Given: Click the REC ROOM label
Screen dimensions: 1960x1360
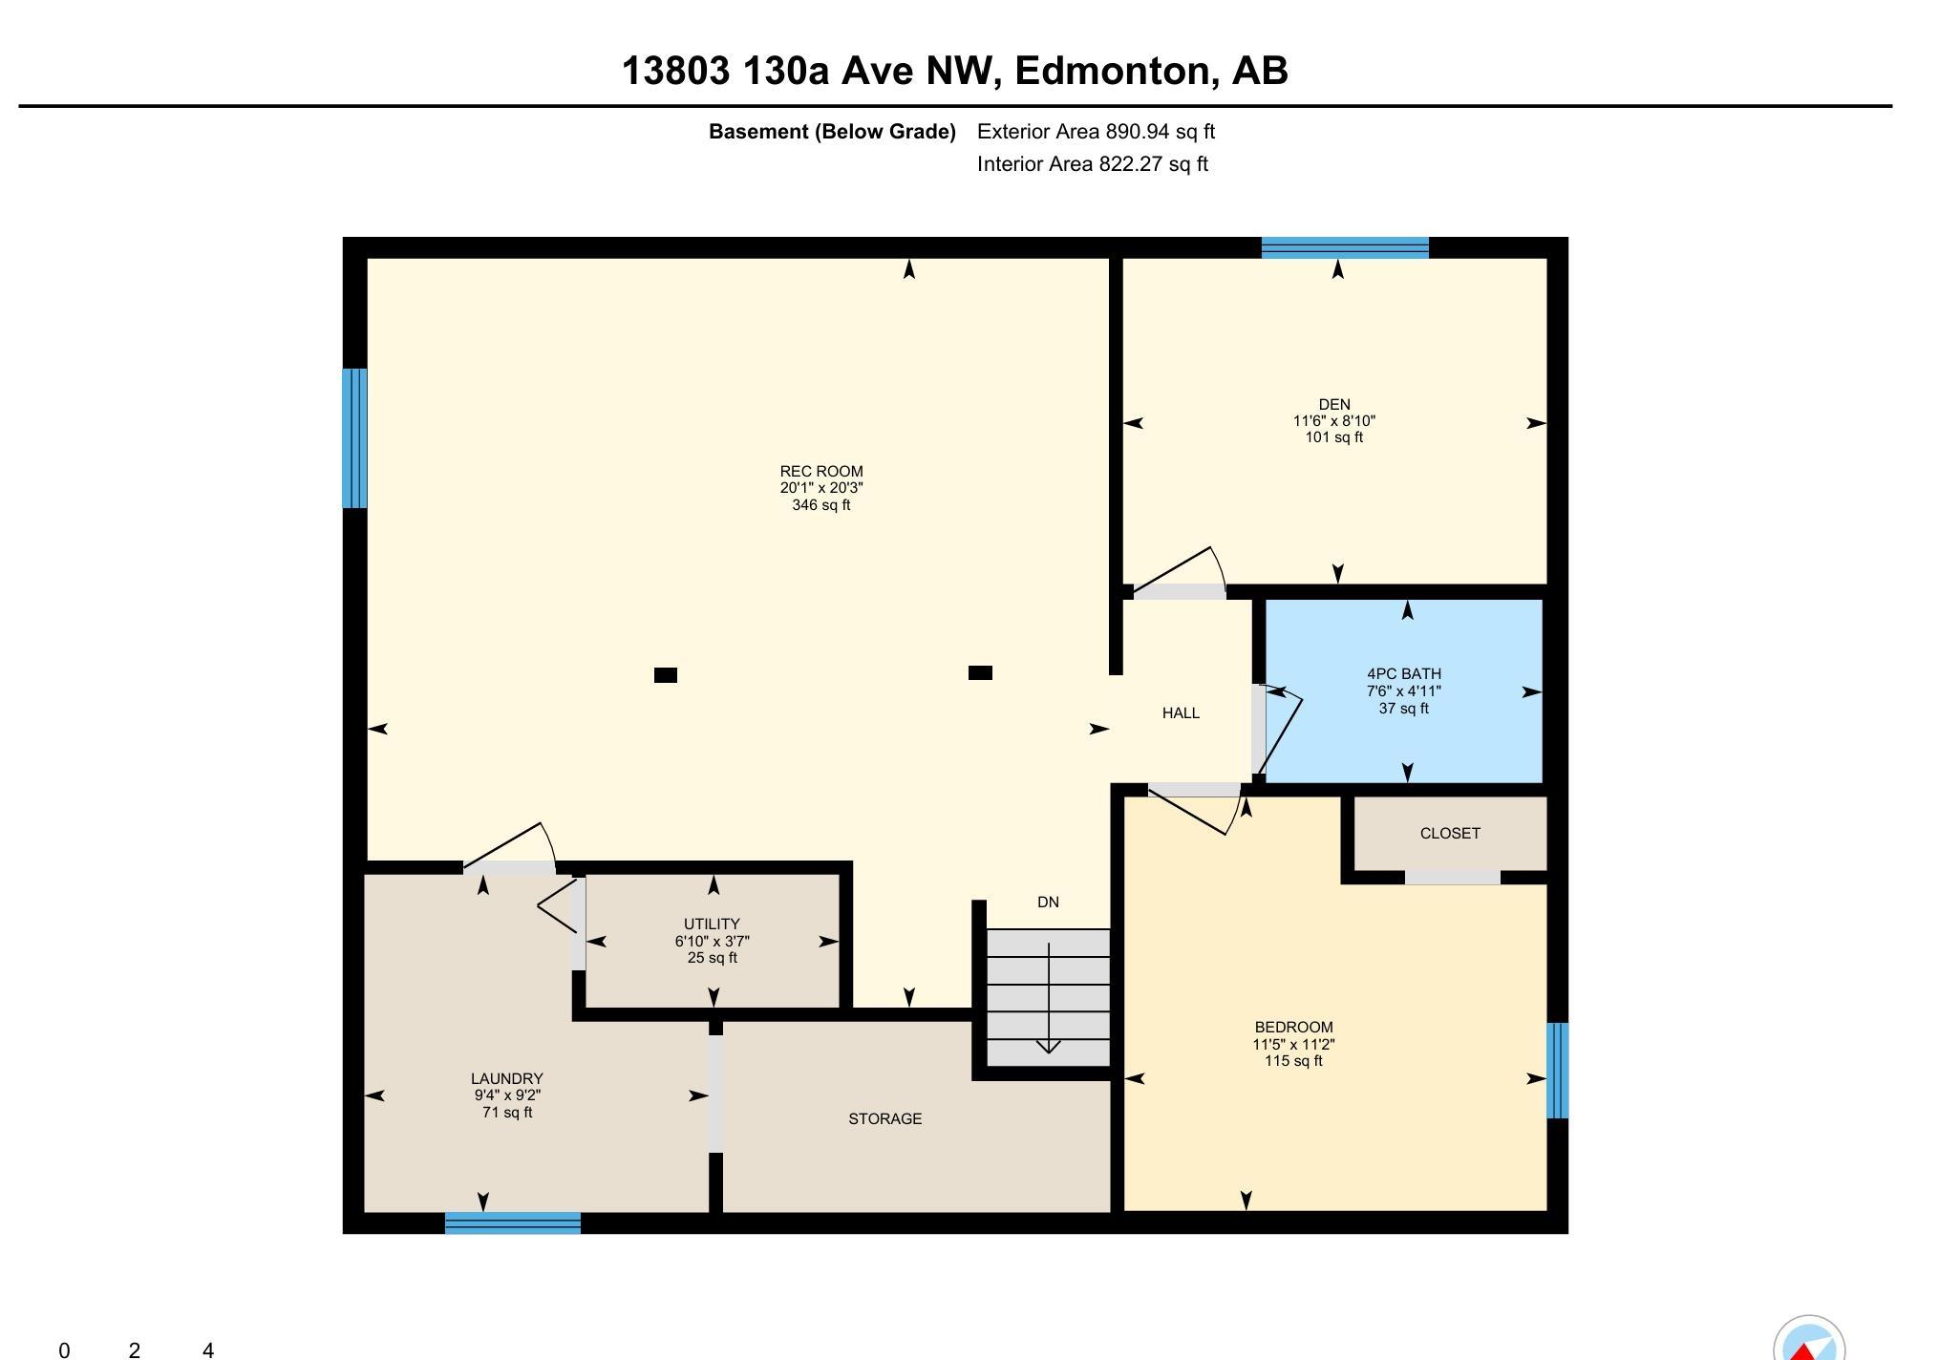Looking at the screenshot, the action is tap(821, 471).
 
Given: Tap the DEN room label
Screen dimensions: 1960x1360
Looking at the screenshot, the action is tap(1334, 404).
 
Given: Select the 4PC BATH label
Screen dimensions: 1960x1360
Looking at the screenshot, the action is tap(1404, 673).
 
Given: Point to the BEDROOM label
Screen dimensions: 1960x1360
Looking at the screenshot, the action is tap(1293, 1027).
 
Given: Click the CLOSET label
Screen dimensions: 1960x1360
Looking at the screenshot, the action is tap(1450, 833).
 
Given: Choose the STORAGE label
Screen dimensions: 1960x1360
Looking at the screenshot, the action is tap(885, 1118).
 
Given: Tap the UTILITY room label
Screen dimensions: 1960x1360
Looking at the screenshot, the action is tap(712, 924).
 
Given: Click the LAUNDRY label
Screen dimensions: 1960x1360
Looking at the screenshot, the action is tap(506, 1078).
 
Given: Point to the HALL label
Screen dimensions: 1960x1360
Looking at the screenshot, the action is tap(1181, 712).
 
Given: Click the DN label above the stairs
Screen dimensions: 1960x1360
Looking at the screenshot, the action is tap(1048, 902).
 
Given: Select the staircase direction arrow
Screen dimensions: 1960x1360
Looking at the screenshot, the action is tap(1049, 998).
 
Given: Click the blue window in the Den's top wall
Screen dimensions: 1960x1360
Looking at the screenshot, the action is tap(1345, 247).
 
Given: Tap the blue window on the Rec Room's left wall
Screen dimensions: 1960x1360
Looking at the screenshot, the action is tap(354, 438).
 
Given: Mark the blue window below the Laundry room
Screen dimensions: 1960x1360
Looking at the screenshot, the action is tap(513, 1223).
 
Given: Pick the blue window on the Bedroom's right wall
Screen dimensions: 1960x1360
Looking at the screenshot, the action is tap(1557, 1070).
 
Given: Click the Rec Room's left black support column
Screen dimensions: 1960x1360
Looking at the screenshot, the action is tap(666, 675).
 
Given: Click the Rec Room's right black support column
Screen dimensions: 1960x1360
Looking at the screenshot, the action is tap(980, 672).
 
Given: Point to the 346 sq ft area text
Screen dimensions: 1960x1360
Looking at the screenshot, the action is tap(821, 504).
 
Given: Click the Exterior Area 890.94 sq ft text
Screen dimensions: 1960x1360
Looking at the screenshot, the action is tap(1096, 132).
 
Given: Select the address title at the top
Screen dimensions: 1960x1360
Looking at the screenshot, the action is tap(955, 71).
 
